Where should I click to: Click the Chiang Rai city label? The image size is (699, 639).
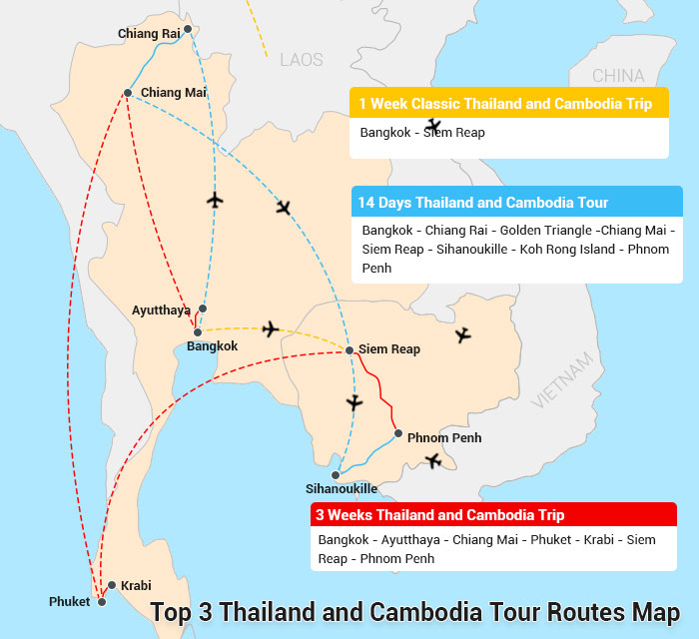148,34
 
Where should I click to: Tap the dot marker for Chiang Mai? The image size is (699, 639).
128,93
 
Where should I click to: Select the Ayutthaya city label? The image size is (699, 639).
161,311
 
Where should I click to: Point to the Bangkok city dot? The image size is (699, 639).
198,331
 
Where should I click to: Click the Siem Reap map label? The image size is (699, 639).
389,349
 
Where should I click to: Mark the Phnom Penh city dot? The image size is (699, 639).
398,433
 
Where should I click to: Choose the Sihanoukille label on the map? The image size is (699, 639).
342,489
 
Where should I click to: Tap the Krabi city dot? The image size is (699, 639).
112,585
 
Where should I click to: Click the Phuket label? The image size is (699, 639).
69,602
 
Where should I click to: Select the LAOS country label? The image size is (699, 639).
303,59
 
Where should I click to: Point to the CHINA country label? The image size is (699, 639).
618,76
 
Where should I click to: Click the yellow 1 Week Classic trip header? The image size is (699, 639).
508,104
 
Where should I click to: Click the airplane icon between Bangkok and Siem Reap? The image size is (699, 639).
270,328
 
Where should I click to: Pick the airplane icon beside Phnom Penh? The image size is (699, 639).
432,460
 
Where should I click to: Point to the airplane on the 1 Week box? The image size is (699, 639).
432,127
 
